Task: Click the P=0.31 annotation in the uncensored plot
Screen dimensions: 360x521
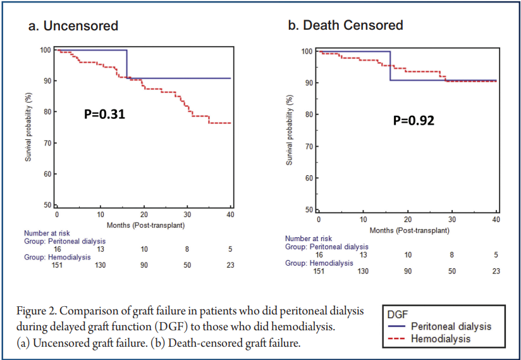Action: (x=105, y=115)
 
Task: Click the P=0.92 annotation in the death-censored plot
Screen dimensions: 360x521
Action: (x=413, y=120)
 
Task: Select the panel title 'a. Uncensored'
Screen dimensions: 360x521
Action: (x=73, y=26)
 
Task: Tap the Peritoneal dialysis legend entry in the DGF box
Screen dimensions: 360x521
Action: (x=450, y=326)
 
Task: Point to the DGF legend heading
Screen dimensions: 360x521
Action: (x=398, y=314)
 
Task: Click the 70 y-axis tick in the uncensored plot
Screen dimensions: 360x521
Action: (x=47, y=143)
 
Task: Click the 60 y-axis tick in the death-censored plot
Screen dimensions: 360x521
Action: (x=308, y=178)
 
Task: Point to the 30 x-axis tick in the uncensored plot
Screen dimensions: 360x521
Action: (x=187, y=215)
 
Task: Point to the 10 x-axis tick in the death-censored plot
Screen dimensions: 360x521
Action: (x=363, y=219)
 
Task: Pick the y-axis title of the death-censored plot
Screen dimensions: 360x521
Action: (x=290, y=130)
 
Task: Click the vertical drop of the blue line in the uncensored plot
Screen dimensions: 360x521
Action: (x=127, y=64)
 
